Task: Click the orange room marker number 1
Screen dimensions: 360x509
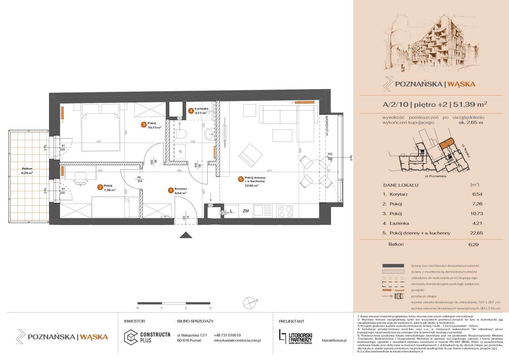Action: point(171,191)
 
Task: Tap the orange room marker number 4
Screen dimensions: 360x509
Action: point(191,111)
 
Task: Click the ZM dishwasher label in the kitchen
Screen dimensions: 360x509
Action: point(246,211)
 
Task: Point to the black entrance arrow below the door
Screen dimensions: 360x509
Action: point(186,235)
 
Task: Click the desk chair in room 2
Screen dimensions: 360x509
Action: point(80,178)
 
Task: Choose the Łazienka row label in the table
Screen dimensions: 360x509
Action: point(399,224)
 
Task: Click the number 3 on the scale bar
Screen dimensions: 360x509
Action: point(210,308)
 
